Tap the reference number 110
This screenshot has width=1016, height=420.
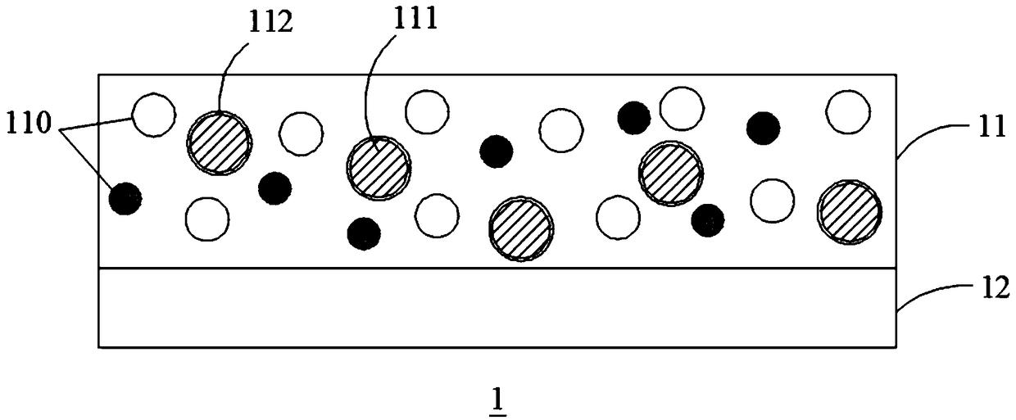(x=29, y=125)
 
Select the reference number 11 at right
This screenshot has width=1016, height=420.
(x=991, y=130)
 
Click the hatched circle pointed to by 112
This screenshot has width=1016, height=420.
(x=219, y=142)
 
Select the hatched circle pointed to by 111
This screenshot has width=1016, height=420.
(x=379, y=166)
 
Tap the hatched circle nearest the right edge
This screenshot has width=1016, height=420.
(x=849, y=212)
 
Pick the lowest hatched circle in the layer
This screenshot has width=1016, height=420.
(x=520, y=228)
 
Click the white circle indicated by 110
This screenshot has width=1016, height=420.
(x=154, y=115)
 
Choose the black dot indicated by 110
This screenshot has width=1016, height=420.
(x=125, y=198)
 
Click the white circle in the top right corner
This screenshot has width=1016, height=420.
(x=847, y=112)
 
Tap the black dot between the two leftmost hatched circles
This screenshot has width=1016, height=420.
(x=274, y=188)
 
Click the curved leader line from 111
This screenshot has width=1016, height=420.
(x=369, y=90)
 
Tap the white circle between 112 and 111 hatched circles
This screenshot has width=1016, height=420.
(x=301, y=133)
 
